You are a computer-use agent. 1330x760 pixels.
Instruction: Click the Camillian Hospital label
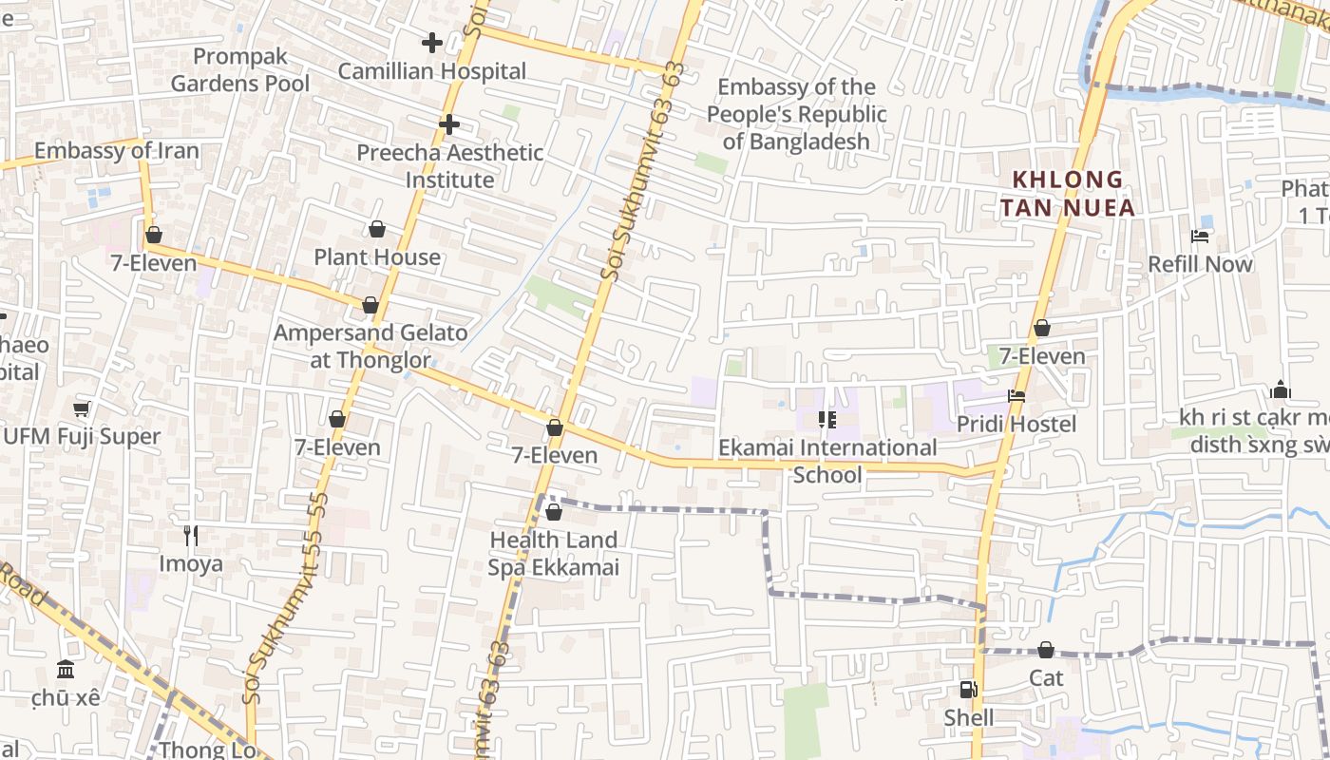pyautogui.click(x=432, y=71)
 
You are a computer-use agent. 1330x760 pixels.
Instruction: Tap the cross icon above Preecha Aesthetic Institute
pyautogui.click(x=449, y=124)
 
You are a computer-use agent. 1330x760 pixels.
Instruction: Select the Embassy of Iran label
pyautogui.click(x=117, y=151)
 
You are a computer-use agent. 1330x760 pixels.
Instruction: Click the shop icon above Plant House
pyautogui.click(x=377, y=229)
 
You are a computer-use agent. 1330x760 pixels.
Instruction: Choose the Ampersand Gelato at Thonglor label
pyautogui.click(x=370, y=347)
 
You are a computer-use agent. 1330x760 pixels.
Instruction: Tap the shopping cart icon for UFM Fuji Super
pyautogui.click(x=82, y=408)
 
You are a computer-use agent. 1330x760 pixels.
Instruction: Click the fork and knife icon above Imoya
pyautogui.click(x=191, y=536)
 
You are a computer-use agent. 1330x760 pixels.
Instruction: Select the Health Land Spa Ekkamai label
pyautogui.click(x=554, y=554)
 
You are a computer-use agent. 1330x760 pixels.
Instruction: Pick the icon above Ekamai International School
pyautogui.click(x=826, y=419)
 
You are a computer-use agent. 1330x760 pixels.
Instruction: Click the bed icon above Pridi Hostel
pyautogui.click(x=1016, y=396)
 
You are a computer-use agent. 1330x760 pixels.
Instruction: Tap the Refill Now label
pyautogui.click(x=1201, y=264)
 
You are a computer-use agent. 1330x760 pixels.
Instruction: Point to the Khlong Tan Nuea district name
pyautogui.click(x=1068, y=194)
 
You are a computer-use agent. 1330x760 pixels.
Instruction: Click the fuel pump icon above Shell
pyautogui.click(x=968, y=690)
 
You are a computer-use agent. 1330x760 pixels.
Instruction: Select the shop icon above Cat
pyautogui.click(x=1046, y=651)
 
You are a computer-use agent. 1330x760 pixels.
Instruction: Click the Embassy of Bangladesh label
pyautogui.click(x=795, y=114)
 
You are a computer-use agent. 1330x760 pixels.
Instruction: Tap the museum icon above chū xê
pyautogui.click(x=66, y=670)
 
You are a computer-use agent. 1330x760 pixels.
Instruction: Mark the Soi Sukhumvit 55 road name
pyautogui.click(x=285, y=598)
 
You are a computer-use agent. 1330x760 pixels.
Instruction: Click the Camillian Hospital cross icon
pyautogui.click(x=432, y=43)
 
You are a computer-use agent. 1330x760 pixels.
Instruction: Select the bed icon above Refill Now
pyautogui.click(x=1201, y=236)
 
